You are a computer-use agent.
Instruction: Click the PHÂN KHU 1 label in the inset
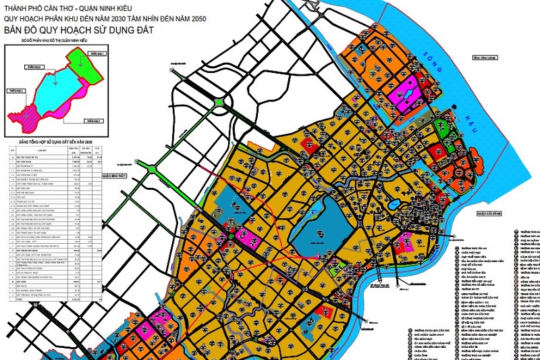(x=98, y=53)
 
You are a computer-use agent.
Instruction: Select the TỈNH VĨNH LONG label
(x=485, y=58)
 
